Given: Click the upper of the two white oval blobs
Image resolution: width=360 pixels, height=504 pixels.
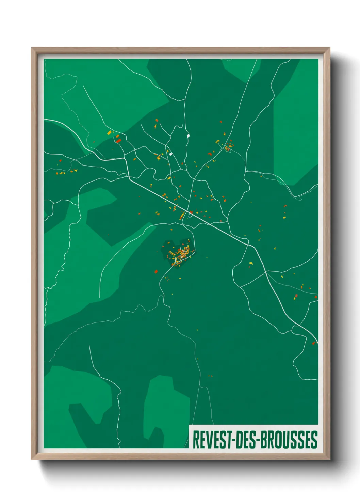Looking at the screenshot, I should click(188, 136).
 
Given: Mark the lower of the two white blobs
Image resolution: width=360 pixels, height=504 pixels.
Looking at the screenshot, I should click(170, 154).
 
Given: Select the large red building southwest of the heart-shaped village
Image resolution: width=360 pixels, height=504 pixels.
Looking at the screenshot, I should click(156, 271).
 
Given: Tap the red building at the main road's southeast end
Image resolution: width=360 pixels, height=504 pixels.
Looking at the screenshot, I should click(314, 343).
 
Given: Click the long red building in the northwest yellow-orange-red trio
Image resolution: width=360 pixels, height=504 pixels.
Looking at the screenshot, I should click(118, 140).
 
